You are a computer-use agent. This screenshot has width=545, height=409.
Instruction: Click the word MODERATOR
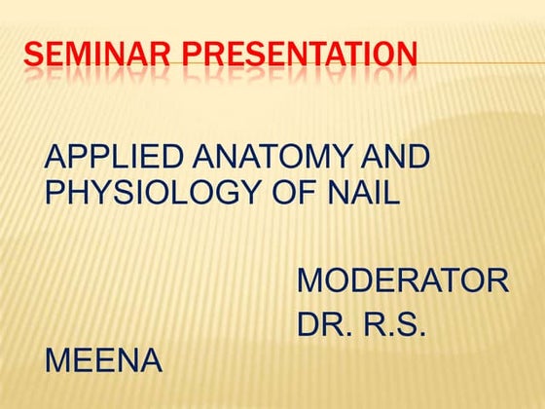point(403,281)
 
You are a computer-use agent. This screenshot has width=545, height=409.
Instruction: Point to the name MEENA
point(104,361)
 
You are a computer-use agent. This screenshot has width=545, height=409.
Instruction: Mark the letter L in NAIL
point(390,192)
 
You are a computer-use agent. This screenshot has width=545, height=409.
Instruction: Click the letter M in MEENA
point(59,361)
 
